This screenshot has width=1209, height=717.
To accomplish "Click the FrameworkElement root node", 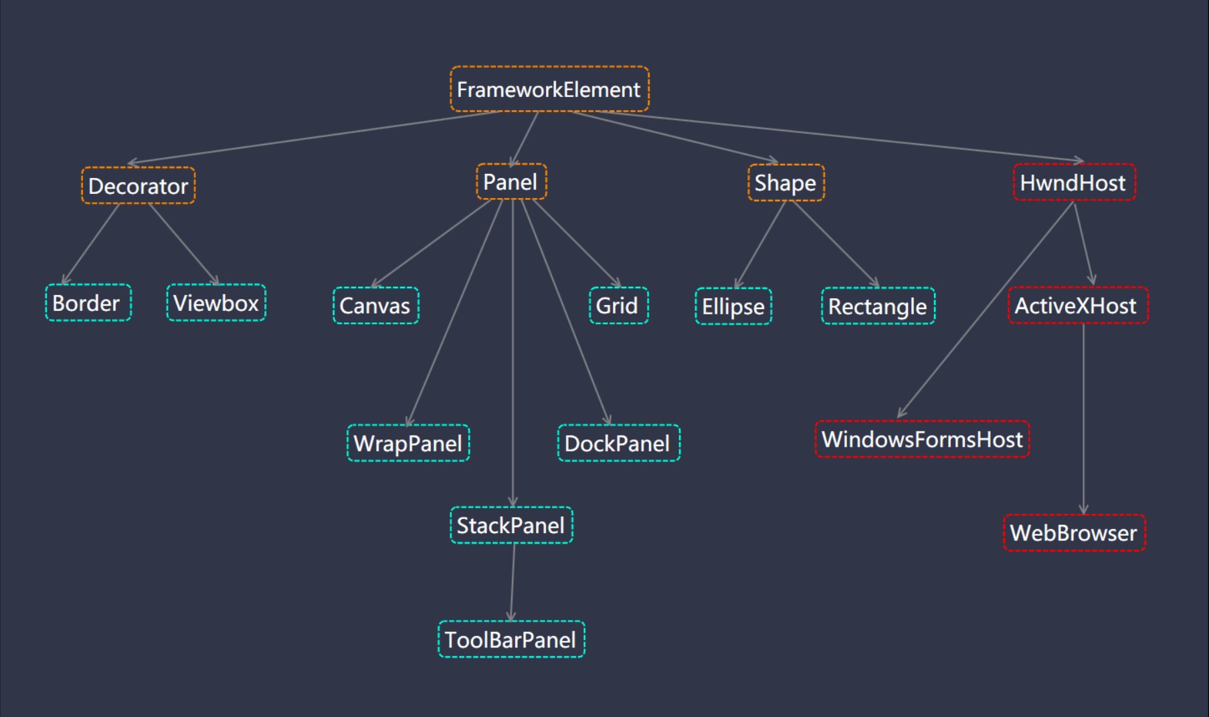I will [x=549, y=89].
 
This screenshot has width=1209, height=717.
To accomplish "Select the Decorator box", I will [x=138, y=186].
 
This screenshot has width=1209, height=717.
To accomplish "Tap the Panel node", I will [x=511, y=182].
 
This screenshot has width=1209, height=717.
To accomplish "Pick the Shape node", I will [x=785, y=183].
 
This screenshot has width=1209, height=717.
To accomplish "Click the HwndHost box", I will [x=1074, y=183].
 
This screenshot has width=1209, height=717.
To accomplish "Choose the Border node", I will [x=88, y=303].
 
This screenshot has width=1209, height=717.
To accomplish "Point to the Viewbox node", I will [x=216, y=303].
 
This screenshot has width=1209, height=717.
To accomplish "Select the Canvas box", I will [x=375, y=306].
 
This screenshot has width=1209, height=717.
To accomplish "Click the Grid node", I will [x=618, y=306].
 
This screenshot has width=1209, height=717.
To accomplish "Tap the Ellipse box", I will [x=733, y=306].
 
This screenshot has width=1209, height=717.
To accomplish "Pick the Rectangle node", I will [x=878, y=306].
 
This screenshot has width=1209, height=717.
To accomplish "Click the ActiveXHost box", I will [x=1077, y=306].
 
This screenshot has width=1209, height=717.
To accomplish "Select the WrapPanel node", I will [x=408, y=443].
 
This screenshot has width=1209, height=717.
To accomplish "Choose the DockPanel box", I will [x=618, y=443].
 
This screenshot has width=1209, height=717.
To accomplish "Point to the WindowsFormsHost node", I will [x=922, y=439].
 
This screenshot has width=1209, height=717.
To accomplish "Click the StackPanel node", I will [x=511, y=526].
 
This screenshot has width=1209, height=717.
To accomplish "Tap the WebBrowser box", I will [x=1074, y=533].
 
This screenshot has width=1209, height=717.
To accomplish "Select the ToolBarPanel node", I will [x=511, y=640].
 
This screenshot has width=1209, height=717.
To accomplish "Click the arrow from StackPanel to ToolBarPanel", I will [x=513, y=582].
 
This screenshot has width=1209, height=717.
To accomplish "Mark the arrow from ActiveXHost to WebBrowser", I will [x=1083, y=419].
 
